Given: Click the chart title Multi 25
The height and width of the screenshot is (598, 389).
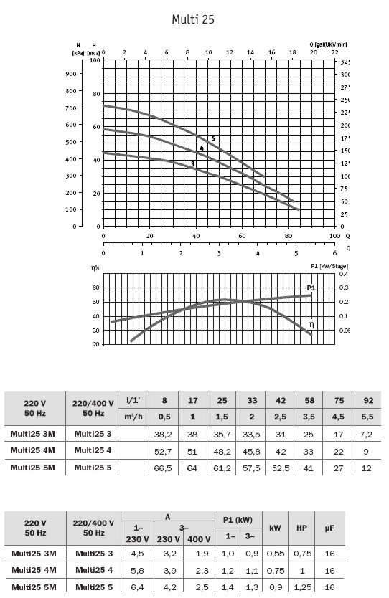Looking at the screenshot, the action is tap(193, 19).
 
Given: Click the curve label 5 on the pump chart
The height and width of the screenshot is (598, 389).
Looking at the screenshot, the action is tap(213, 138).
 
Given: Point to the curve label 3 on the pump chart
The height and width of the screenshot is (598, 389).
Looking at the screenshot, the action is tap(193, 164).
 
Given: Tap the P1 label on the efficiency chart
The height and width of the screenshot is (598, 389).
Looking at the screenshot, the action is tap(311, 288).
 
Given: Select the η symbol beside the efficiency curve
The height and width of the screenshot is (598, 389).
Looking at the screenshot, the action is tap(311, 325).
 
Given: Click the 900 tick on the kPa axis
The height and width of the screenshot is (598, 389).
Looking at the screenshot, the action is tap(71, 74).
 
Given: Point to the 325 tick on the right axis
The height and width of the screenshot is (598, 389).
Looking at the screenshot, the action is tap(345, 62).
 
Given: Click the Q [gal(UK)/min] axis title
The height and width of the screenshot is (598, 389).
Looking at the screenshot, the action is tap(328, 44).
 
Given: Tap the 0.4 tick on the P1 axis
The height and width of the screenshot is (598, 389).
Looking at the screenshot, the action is tap(344, 274).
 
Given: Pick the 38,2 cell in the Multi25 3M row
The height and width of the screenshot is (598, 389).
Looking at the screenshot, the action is tap(163, 435).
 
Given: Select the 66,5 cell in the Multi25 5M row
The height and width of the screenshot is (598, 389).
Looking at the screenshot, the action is tap(163, 468).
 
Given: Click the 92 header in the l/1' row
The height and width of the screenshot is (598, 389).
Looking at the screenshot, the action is tap(368, 400).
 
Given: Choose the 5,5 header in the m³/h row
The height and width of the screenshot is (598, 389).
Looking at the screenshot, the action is tap(367, 417).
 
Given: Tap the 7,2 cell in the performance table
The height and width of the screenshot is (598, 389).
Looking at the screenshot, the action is tap(366, 435).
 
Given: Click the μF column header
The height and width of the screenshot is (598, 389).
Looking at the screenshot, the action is tap(329, 528).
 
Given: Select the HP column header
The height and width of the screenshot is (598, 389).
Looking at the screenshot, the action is tap(301, 528).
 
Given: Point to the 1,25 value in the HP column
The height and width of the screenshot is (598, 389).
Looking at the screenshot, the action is tap(303, 587).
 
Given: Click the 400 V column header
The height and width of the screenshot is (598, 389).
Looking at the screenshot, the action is tap(199, 539).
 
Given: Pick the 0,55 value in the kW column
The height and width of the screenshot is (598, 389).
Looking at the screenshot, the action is tap(276, 554).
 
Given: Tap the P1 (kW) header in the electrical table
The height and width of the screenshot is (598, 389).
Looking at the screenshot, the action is tap(238, 520).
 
